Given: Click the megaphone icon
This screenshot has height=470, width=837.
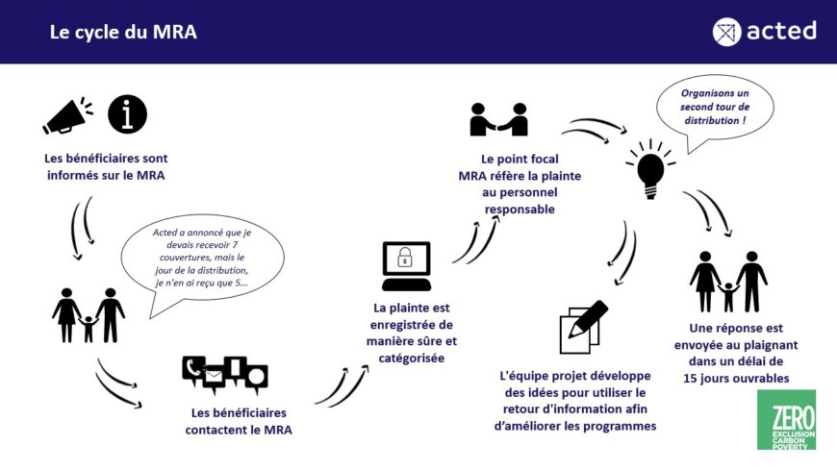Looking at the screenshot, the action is [x=66, y=115].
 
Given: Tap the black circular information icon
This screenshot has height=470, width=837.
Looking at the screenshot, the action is [x=127, y=114].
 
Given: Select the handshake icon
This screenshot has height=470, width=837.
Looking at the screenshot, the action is [x=498, y=119].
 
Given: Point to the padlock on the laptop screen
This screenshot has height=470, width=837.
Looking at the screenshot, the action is [x=405, y=258].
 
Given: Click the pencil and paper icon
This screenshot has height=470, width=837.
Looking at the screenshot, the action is [x=583, y=327].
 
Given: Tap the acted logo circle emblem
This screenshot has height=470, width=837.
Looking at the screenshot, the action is [x=726, y=32].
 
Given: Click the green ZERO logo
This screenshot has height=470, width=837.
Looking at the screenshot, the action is [x=786, y=419].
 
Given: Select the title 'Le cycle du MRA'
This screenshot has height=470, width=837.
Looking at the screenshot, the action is [x=123, y=32].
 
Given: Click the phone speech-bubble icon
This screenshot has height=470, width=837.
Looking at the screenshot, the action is [x=193, y=369].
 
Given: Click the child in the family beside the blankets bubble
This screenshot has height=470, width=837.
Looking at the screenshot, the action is [x=89, y=329].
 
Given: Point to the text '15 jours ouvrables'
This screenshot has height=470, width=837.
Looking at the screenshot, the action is [x=736, y=379].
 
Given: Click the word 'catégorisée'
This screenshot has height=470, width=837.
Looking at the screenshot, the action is [x=412, y=358].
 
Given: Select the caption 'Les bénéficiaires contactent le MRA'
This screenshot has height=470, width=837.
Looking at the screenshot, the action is [x=239, y=421].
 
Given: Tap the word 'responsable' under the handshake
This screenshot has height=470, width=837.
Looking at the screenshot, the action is [x=520, y=210].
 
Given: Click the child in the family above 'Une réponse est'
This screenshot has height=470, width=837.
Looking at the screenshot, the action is [x=728, y=297].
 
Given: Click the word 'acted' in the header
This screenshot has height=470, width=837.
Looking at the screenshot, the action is [x=781, y=31].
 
